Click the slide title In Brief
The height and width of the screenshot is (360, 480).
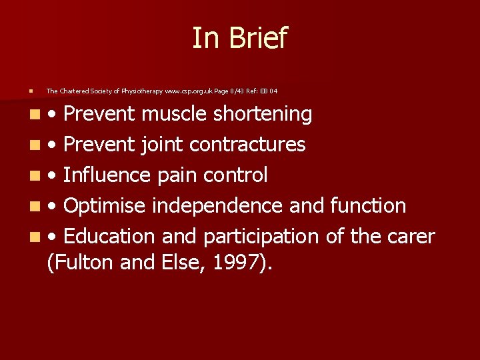point(239,38)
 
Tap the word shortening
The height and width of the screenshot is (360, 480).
point(263,115)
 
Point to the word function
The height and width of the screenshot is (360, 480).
point(368,206)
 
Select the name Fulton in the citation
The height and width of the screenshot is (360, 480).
point(81,263)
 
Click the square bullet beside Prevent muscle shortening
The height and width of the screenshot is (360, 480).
point(23,115)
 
